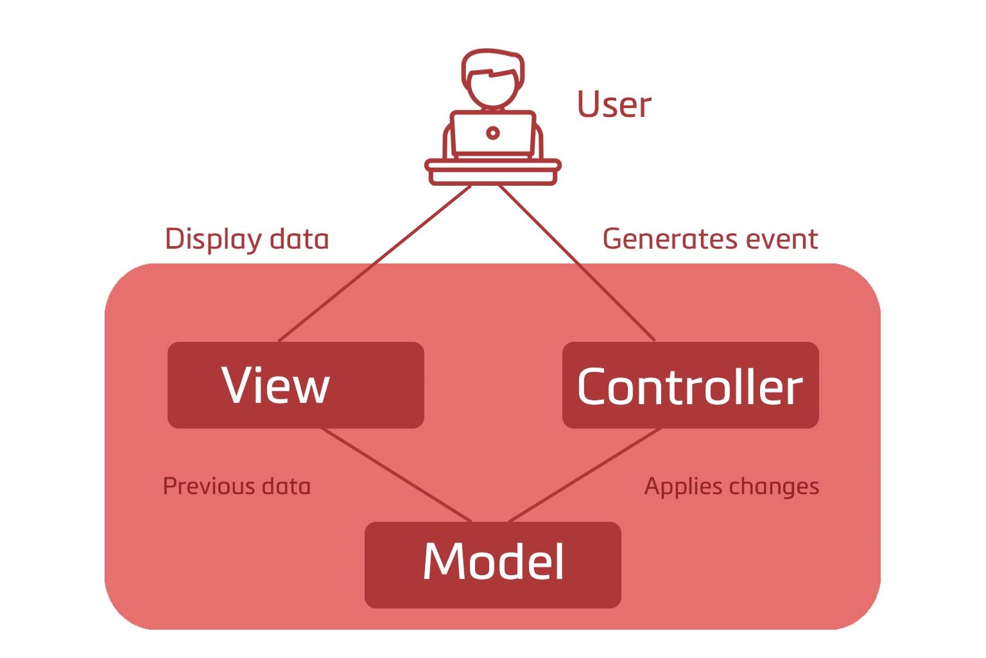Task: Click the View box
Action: [x=296, y=385]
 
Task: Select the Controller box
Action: [x=691, y=385]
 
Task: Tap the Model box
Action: [x=493, y=565]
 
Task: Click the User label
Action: [x=614, y=105]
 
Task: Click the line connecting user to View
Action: [x=375, y=263]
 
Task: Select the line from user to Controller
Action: [x=576, y=263]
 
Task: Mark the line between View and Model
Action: [x=397, y=475]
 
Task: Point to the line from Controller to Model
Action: [x=585, y=475]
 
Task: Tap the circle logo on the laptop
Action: [x=493, y=132]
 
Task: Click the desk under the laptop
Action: [x=493, y=172]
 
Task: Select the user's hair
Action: [x=492, y=64]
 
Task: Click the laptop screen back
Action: [x=493, y=133]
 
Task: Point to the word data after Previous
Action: [x=286, y=486]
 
